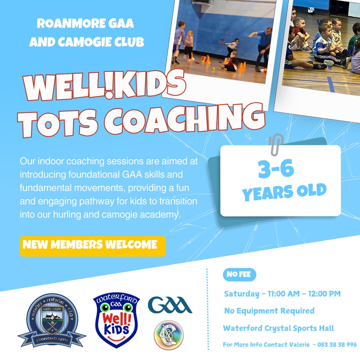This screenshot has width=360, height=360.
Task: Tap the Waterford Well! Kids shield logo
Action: pos(116,320)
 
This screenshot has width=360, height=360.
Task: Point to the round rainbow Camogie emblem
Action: pos(168,335)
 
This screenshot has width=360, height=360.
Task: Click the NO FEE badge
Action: pos(239,275)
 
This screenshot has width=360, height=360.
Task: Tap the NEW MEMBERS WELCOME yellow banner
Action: pos(92,246)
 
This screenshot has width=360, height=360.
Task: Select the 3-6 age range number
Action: pos(276,169)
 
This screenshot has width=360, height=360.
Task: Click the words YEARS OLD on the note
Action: pos(284,192)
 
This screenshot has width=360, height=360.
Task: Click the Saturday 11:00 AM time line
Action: pos(282,294)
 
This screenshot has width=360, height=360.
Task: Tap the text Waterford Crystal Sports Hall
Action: pos(278,328)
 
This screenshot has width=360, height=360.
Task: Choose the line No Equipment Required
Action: pos(269,311)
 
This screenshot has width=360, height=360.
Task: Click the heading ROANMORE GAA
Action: pos(85,24)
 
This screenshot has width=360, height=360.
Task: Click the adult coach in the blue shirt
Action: pos(263,47)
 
